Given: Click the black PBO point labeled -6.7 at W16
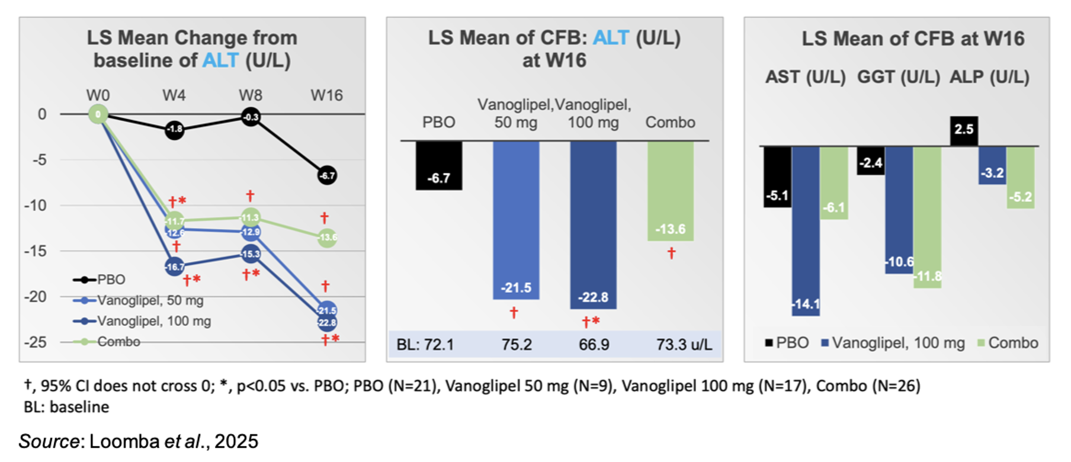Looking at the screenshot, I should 327,175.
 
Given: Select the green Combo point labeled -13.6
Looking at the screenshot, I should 328,238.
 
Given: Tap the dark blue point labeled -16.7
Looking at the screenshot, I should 175,267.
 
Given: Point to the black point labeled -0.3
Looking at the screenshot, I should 251,117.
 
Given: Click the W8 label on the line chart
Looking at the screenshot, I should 251,95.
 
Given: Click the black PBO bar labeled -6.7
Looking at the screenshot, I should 438,165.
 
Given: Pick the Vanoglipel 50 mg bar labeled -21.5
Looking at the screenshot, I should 516,219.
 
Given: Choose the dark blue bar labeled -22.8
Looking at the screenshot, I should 593,225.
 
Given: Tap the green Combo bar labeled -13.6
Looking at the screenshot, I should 670,191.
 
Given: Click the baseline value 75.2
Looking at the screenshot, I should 517,345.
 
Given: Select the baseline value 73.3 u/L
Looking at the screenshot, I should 684,345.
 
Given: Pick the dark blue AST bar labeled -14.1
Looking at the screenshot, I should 806,231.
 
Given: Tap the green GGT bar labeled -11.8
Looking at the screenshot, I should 927,217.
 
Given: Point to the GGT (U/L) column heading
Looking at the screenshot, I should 898,77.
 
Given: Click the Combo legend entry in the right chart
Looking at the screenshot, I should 1007,343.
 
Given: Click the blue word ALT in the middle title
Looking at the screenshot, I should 611,38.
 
